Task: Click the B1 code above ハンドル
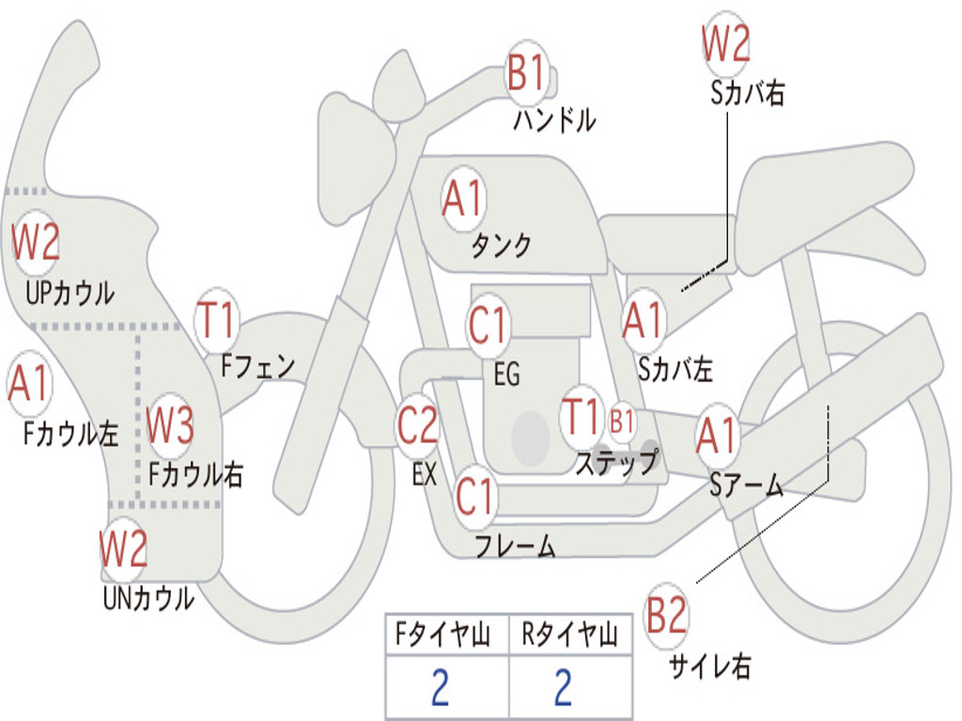527,72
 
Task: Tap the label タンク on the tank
501,245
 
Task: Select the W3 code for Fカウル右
170,424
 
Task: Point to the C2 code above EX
418,425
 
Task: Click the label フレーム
516,545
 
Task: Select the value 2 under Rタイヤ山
564,687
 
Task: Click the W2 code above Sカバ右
726,43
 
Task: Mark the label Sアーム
747,485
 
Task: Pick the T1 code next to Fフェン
216,319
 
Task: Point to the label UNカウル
149,598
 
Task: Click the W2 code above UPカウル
36,242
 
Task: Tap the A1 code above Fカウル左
28,383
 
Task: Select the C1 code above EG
489,324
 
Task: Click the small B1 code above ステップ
622,422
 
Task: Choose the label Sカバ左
675,369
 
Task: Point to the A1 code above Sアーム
716,436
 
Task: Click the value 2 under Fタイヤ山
440,687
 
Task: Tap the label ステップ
616,461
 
